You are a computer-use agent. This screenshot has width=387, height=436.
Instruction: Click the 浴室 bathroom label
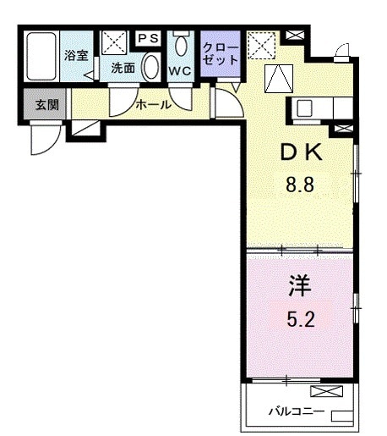click(76, 56)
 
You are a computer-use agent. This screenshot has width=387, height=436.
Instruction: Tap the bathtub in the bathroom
click(41, 57)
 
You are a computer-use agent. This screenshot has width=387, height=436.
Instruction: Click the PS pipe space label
click(149, 37)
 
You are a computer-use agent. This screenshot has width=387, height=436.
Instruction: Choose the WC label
click(179, 70)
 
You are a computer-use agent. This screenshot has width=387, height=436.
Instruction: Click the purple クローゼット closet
click(220, 55)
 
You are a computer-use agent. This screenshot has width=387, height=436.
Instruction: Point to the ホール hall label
click(154, 105)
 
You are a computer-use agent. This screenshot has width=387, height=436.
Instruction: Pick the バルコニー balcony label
click(286, 412)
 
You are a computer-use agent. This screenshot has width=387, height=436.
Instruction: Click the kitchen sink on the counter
click(304, 108)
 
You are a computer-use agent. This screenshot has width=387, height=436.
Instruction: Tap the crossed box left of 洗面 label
click(112, 42)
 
